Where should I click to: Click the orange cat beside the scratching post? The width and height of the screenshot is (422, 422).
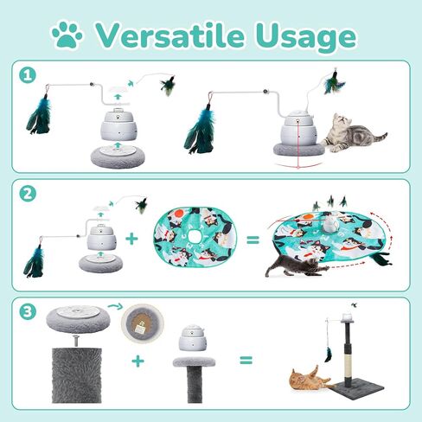tap(305, 380)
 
